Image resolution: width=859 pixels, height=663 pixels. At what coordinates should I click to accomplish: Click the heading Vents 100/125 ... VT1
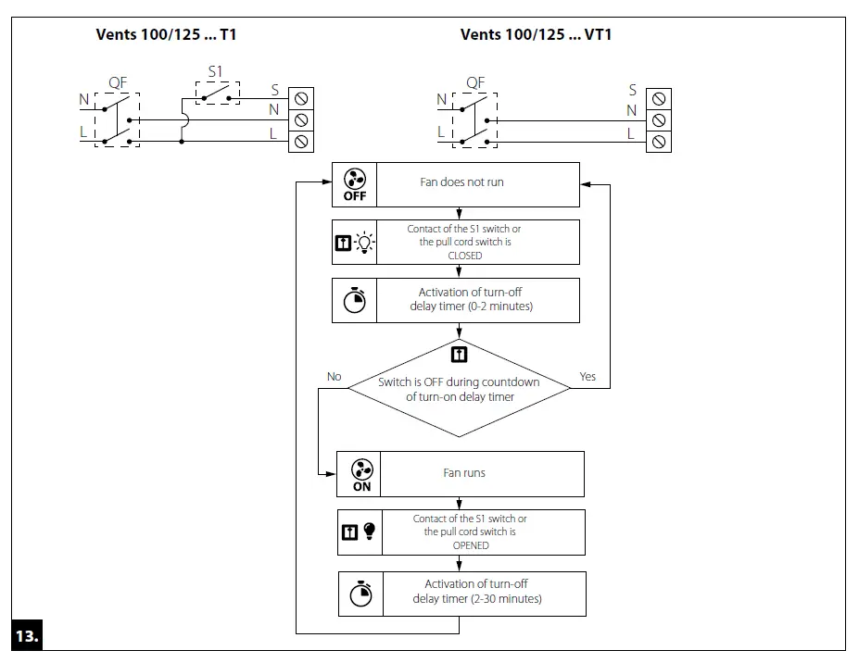536,35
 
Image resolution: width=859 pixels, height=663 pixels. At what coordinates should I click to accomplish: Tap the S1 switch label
215,70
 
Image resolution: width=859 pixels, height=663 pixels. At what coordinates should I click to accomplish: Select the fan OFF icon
355,184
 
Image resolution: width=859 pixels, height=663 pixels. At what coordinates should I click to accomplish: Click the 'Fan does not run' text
461,182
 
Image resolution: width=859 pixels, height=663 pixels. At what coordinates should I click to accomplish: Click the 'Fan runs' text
464,472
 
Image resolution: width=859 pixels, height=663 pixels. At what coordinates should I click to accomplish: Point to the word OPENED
470,545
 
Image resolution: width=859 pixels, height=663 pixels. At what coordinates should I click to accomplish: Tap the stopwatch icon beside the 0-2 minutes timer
354,300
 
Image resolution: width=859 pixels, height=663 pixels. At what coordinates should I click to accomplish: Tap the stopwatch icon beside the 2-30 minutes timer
360,594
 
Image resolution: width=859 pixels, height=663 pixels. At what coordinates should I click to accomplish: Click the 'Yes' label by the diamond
587,377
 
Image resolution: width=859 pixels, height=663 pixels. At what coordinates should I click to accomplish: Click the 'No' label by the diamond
335,377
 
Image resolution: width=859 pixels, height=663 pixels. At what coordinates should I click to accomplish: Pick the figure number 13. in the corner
26,636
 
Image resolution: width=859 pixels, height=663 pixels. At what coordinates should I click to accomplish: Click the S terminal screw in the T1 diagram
301,97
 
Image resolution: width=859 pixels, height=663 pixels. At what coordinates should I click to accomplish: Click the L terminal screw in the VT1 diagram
659,142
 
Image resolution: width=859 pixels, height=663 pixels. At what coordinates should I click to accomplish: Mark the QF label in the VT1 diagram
475,82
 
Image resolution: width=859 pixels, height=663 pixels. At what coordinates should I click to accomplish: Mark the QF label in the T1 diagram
118,82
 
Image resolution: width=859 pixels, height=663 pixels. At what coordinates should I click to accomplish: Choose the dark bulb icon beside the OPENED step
370,532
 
